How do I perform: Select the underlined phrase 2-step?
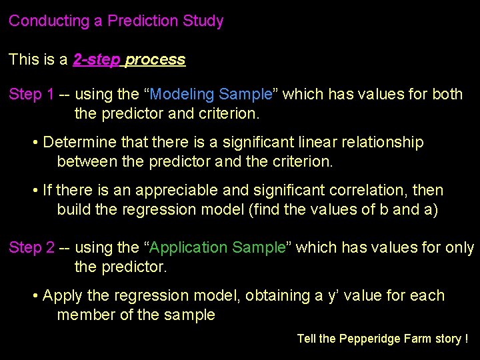97,59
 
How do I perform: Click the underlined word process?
155,59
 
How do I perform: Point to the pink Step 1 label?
31,94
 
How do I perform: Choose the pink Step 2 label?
31,247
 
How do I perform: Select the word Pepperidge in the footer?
369,339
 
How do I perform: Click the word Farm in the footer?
418,339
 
